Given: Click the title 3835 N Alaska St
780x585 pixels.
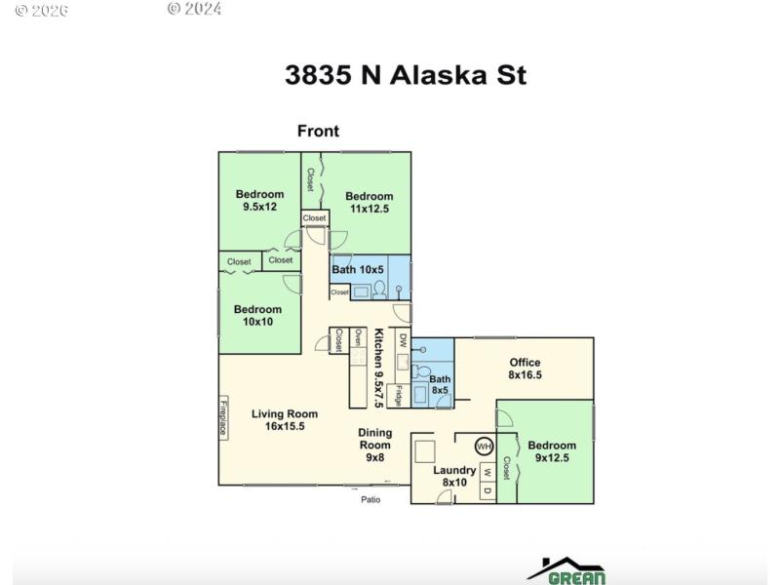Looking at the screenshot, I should click(x=406, y=75).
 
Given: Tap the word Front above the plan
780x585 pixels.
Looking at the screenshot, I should click(x=318, y=132).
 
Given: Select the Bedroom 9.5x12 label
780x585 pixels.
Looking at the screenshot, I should click(x=259, y=200).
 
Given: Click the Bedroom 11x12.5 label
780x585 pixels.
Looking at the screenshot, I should click(x=369, y=202).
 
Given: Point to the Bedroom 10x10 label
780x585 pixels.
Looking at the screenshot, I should click(x=258, y=316).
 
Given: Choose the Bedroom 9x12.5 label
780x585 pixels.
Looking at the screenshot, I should click(x=552, y=451).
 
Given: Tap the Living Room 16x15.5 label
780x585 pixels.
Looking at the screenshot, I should click(x=285, y=420).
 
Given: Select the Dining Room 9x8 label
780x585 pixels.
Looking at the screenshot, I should click(x=375, y=445).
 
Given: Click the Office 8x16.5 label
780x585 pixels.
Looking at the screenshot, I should click(x=525, y=369).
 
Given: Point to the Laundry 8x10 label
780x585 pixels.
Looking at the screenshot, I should click(x=454, y=476).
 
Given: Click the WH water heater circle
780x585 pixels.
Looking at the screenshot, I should click(x=483, y=447).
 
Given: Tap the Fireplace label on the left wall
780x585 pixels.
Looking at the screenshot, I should click(x=223, y=417).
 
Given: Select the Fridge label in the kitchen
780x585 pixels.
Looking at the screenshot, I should click(x=399, y=395).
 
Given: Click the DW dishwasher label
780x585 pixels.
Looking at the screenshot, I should click(x=402, y=340).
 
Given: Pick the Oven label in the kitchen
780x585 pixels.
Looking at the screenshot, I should click(x=358, y=339).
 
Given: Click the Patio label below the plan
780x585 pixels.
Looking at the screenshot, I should click(x=370, y=500).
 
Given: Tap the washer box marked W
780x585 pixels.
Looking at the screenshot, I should click(x=487, y=473).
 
